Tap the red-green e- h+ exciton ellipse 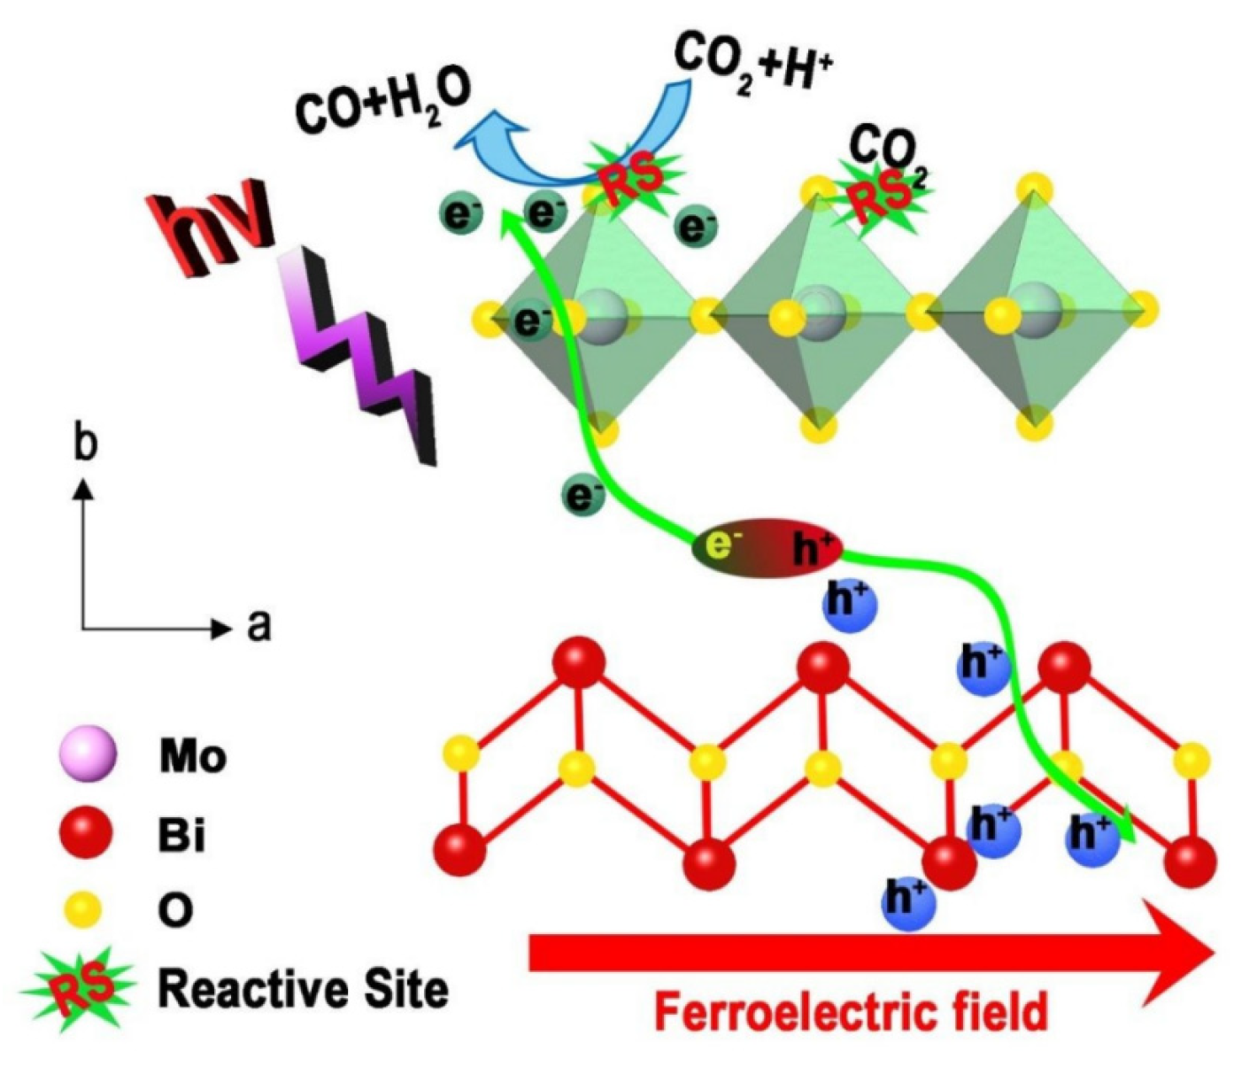coord(767,547)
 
